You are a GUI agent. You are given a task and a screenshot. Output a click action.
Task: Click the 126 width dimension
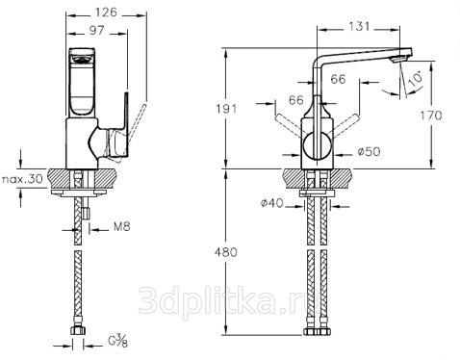pyautogui.click(x=107, y=13)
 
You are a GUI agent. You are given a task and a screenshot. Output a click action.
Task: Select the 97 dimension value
pyautogui.click(x=97, y=30)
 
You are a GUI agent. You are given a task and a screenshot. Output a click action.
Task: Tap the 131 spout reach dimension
pyautogui.click(x=359, y=26)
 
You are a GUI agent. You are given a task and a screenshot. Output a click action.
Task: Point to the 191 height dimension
pyautogui.click(x=226, y=109)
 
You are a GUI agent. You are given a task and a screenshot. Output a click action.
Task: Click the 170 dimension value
pyautogui.click(x=431, y=115)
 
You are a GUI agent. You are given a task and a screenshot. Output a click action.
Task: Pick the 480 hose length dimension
pyautogui.click(x=226, y=252)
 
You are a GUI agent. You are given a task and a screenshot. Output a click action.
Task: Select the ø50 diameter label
pyautogui.click(x=370, y=151)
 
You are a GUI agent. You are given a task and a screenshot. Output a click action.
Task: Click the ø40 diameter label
pyautogui.click(x=272, y=203)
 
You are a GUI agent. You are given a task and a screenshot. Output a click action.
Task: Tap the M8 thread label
pyautogui.click(x=122, y=227)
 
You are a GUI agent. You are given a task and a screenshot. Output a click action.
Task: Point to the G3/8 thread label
pyautogui.click(x=117, y=341)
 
